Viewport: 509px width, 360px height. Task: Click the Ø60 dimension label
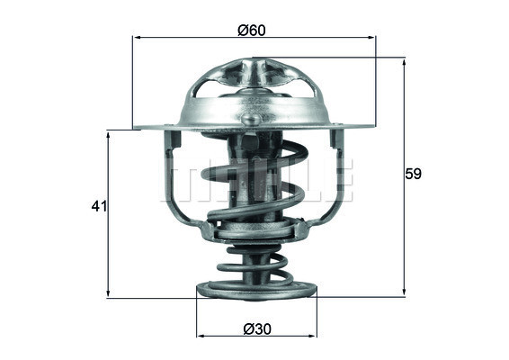[251, 29]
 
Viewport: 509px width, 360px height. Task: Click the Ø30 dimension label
[256, 330]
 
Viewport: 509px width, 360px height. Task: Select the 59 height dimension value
[413, 174]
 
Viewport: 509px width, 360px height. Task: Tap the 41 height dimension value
[99, 207]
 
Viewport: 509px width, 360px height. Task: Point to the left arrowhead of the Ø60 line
[138, 38]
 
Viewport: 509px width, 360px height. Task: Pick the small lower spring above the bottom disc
[256, 265]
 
